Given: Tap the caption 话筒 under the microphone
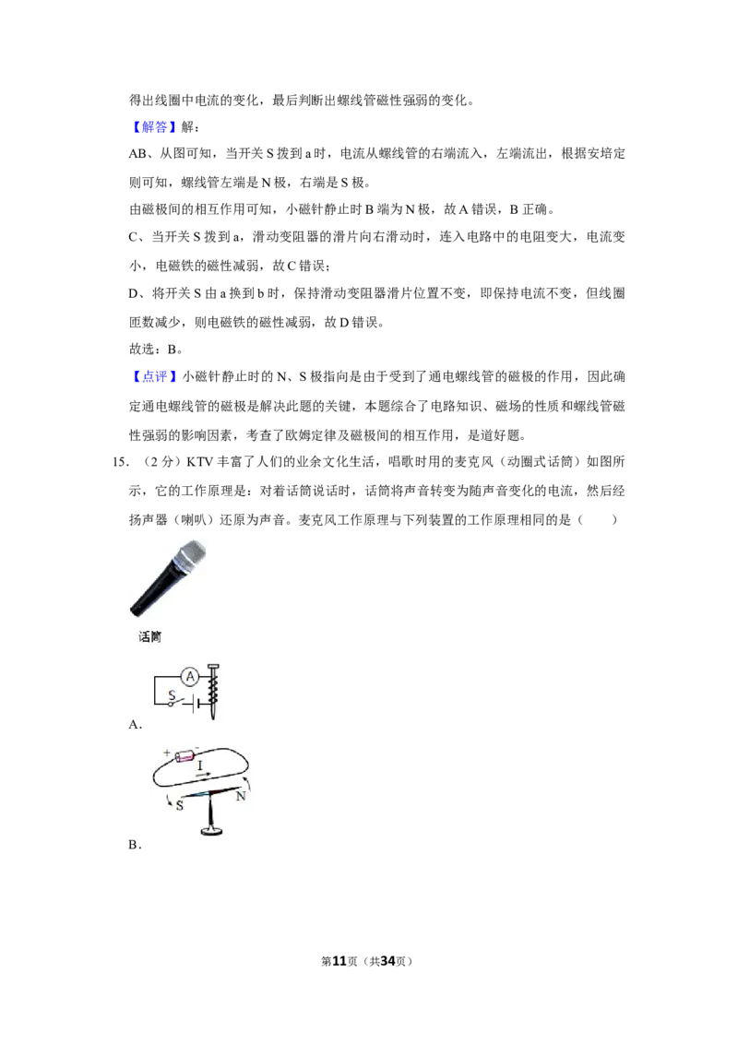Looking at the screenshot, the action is click(149, 637).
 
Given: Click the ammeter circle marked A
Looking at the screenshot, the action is click(190, 677).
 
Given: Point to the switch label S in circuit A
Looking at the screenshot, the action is click(172, 695).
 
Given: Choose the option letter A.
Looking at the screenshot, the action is click(136, 724).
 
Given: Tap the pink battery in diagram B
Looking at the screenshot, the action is click(184, 756).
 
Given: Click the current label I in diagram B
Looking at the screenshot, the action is click(199, 766).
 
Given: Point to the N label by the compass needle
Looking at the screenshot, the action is click(241, 796).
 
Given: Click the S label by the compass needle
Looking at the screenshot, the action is click(179, 806).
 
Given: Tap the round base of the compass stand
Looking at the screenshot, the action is click(213, 830).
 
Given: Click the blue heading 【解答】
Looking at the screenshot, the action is click(154, 127).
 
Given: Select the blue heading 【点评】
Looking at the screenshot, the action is click(154, 377).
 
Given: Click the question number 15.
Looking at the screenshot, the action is click(121, 462).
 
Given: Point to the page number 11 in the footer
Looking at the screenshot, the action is click(339, 961).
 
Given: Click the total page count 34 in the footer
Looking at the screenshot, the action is click(388, 961).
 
